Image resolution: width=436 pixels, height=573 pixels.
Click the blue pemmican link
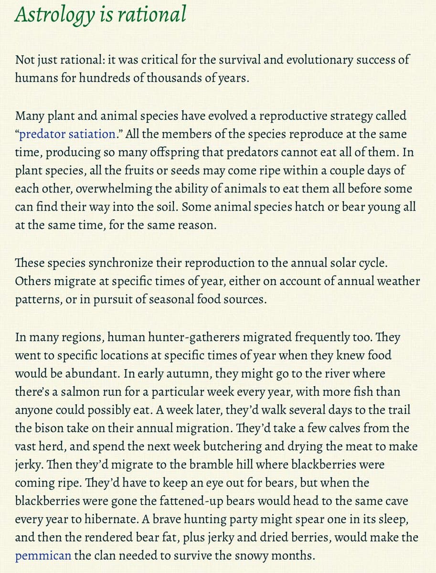tap(43, 556)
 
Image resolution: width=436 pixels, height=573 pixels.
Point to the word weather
tap(396, 281)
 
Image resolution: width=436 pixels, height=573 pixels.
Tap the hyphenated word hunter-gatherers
tap(202, 337)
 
